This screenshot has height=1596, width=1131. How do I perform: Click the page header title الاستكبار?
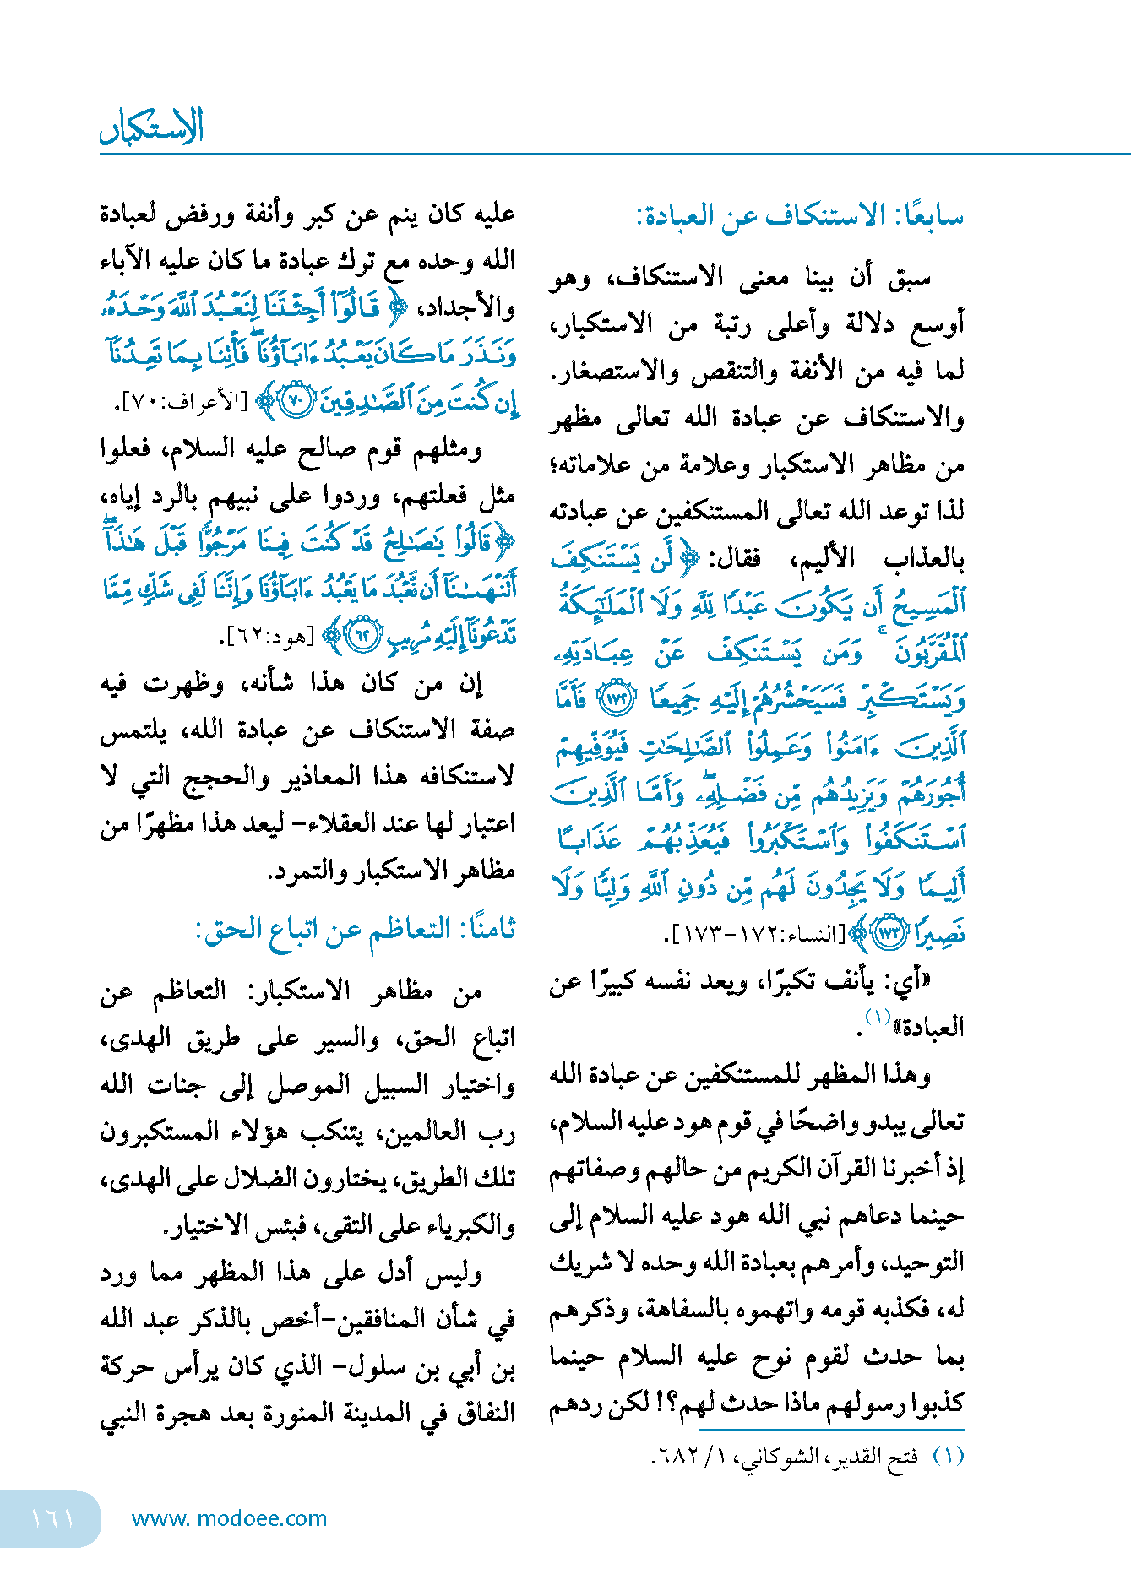[x=152, y=127]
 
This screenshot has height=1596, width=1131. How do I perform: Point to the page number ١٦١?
[x=52, y=1518]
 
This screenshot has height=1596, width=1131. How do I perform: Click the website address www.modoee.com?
[x=229, y=1518]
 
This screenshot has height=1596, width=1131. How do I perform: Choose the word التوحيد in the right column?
[x=926, y=1264]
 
